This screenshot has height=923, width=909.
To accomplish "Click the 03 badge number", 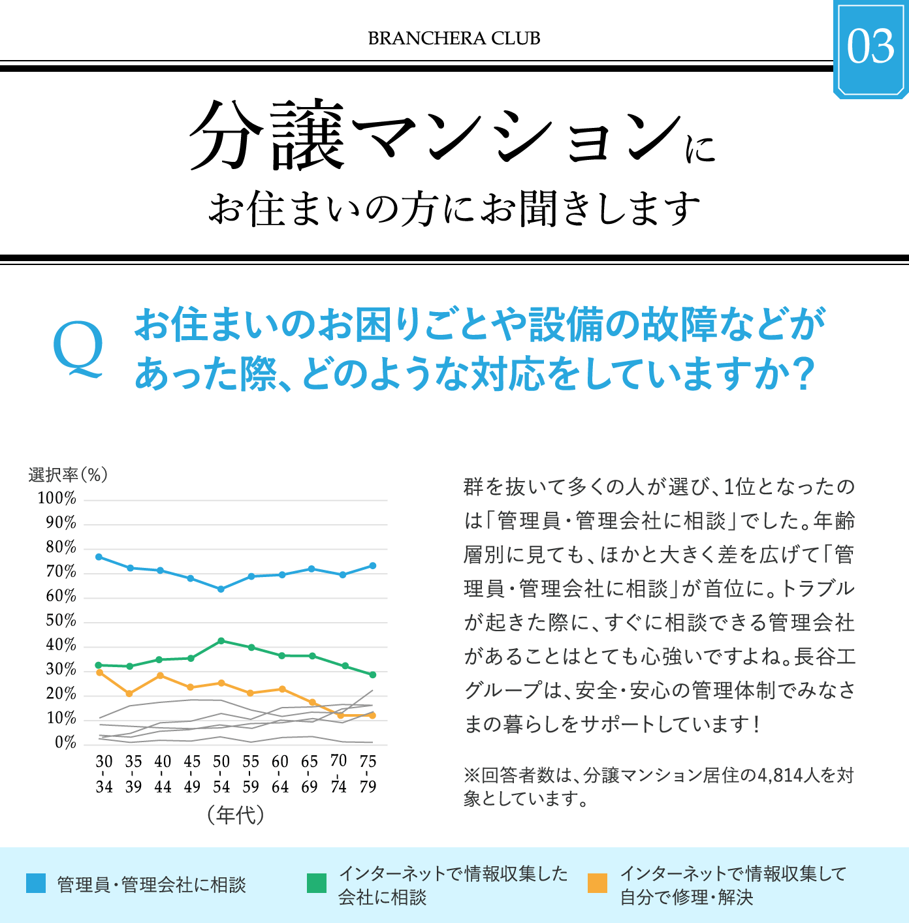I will click(870, 46).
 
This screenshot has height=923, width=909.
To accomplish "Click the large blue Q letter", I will click(78, 349).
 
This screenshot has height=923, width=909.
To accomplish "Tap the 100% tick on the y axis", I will click(57, 499).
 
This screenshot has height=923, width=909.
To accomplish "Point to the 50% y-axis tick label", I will click(61, 621).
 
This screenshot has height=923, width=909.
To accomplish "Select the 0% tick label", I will click(65, 743).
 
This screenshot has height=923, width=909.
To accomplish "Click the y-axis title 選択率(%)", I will click(68, 475).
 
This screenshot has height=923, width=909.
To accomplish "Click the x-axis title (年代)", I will click(236, 815).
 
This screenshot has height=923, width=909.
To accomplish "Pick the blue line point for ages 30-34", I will click(99, 557).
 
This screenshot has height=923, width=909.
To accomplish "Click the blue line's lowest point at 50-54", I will click(221, 589).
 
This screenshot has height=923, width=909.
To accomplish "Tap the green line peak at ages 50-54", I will click(221, 641).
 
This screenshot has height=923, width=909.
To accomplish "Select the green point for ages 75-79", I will click(373, 675).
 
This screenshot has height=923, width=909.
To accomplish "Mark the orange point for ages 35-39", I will click(129, 694).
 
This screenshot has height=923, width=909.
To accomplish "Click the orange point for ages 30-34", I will click(99, 672).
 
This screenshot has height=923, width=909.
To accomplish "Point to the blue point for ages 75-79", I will click(373, 566).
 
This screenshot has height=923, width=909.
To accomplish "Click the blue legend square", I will click(36, 883).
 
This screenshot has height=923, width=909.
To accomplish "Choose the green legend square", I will click(317, 883).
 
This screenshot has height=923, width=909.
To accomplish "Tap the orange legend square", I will click(598, 883).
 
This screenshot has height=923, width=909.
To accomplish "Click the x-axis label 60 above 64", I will click(280, 762).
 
